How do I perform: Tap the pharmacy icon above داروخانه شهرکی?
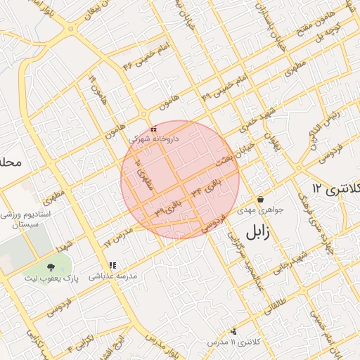click(153, 129)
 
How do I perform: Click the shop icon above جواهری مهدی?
click(260, 199)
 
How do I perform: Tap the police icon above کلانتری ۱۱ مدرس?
click(233, 331)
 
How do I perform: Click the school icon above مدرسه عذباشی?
click(112, 266)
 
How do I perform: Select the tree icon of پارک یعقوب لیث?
click(51, 267)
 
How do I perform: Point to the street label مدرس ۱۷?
click(118, 236)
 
